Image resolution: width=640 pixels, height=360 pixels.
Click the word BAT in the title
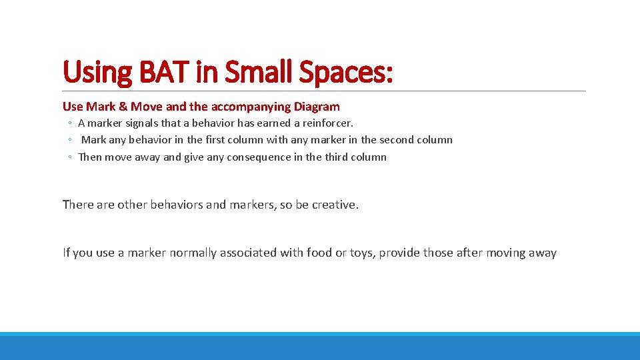[x=158, y=72]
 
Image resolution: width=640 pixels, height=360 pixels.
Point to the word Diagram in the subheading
[x=316, y=107]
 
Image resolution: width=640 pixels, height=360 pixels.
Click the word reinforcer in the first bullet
[x=327, y=123]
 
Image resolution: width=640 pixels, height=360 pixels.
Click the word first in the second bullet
[x=215, y=140]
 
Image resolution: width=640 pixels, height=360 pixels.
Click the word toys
[x=360, y=253]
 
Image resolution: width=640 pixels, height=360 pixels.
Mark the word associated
[x=246, y=253]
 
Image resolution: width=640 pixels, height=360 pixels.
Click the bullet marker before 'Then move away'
[x=69, y=158]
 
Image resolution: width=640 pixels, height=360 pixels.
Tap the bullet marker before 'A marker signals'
[x=69, y=124]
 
